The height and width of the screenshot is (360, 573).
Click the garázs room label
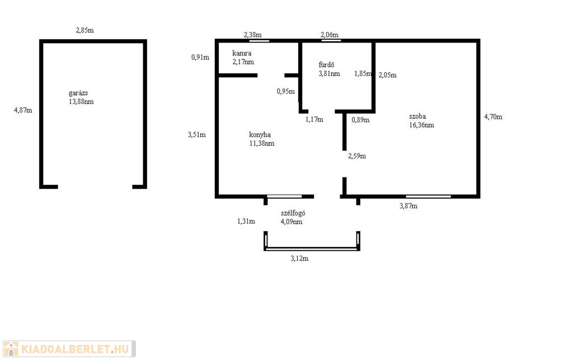(78, 93)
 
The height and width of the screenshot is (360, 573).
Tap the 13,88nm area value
(81, 101)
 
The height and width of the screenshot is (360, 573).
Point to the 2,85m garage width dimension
(85, 30)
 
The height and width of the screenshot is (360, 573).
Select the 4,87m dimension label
(23, 110)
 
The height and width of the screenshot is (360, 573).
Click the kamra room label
(242, 53)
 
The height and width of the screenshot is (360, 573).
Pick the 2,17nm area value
(243, 62)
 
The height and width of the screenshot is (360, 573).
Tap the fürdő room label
(326, 65)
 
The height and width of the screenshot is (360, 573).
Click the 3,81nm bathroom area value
(329, 73)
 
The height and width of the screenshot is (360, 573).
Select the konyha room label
(260, 134)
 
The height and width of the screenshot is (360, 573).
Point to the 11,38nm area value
(262, 143)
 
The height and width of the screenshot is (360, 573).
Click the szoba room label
(417, 116)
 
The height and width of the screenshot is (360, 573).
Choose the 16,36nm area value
(422, 125)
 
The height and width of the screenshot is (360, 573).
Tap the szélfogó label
(293, 213)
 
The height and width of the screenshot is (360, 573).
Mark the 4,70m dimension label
(494, 117)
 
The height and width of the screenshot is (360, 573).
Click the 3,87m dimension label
(408, 206)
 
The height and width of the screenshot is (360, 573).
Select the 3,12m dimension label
(300, 259)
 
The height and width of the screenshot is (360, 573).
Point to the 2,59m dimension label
(357, 156)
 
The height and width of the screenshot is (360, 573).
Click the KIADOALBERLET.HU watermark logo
(69, 349)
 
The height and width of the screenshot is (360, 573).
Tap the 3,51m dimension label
(196, 134)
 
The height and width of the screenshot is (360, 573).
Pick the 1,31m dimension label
(246, 221)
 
